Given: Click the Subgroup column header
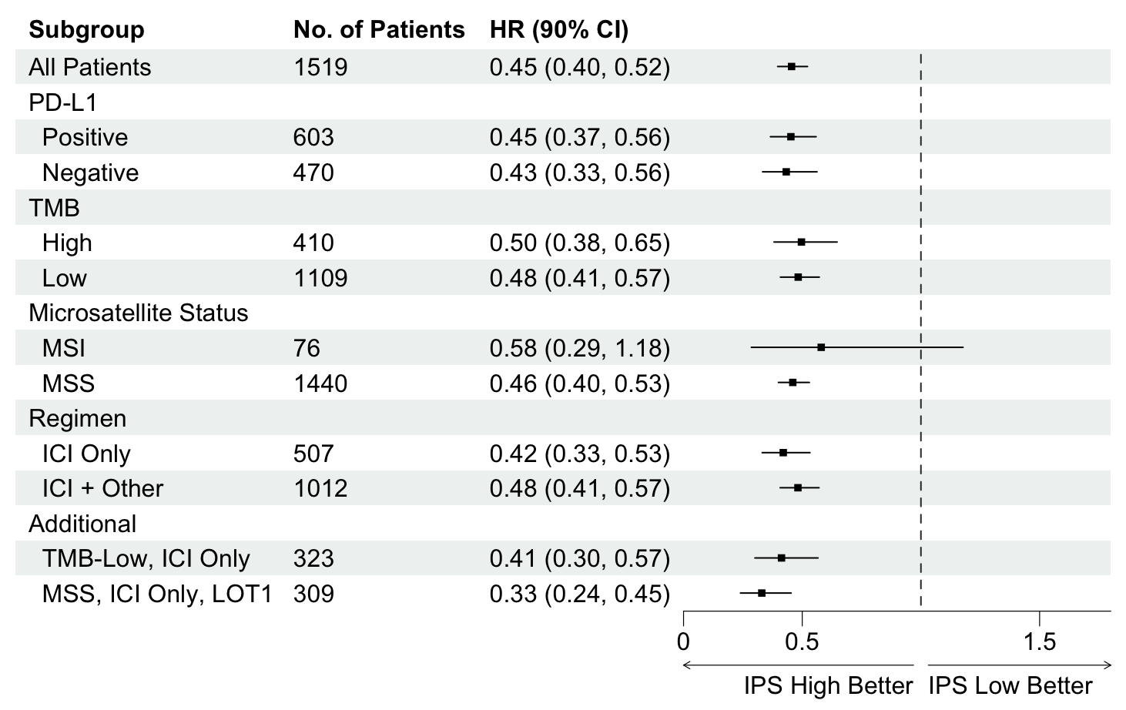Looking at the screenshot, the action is pyautogui.click(x=86, y=30).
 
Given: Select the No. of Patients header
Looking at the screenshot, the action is pyautogui.click(x=379, y=29).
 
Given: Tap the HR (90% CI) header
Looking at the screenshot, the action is pyautogui.click(x=559, y=30).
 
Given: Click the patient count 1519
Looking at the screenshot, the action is pyautogui.click(x=320, y=67).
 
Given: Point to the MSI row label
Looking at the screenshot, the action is pyautogui.click(x=63, y=348).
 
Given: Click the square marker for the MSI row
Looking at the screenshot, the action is pyautogui.click(x=821, y=347).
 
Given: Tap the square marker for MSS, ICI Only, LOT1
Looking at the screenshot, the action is pyautogui.click(x=762, y=593).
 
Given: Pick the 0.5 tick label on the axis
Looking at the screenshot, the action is pyautogui.click(x=802, y=641).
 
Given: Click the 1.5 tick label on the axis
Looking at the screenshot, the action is pyautogui.click(x=1040, y=641).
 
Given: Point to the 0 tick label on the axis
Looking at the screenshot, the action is pyautogui.click(x=683, y=641).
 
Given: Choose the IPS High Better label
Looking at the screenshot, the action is pyautogui.click(x=828, y=686).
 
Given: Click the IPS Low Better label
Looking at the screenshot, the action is pyautogui.click(x=1010, y=686).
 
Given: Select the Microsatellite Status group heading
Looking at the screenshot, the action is pyautogui.click(x=138, y=313).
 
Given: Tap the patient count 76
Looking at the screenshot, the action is pyautogui.click(x=307, y=348).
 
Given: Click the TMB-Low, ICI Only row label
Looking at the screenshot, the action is pyautogui.click(x=146, y=559).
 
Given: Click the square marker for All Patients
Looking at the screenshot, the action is pyautogui.click(x=792, y=66).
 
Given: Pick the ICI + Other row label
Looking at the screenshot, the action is pyautogui.click(x=102, y=488).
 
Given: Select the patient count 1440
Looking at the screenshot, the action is pyautogui.click(x=320, y=383).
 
